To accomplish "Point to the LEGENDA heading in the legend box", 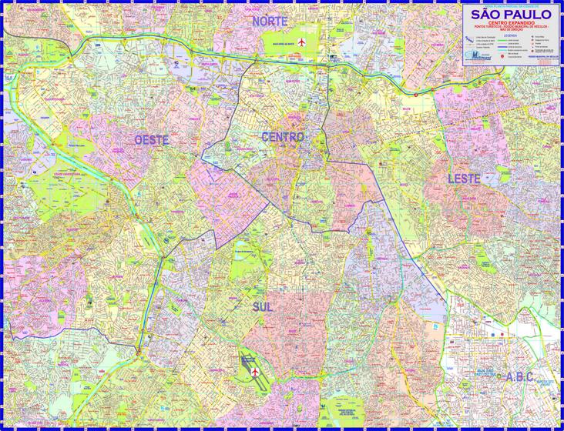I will point(510,35).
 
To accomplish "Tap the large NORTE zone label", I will point(274,21).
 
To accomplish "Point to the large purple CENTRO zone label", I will point(284,136).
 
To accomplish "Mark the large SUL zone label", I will point(262,306).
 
